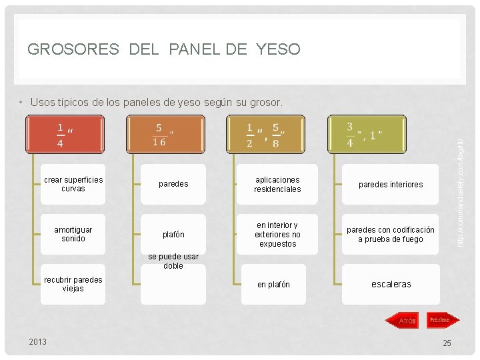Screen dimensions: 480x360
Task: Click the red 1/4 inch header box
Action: point(65,135)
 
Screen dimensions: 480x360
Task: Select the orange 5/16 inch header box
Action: point(165,135)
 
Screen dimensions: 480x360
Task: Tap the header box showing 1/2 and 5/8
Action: point(265,135)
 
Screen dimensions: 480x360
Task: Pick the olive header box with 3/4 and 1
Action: point(365,135)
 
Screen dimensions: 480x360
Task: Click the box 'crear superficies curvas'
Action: point(73,184)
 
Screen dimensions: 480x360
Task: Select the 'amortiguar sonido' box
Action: point(73,234)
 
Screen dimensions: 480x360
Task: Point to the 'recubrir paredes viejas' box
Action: point(73,284)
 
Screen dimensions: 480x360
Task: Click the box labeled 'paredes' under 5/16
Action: point(173,184)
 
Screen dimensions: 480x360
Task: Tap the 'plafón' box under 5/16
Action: point(173,234)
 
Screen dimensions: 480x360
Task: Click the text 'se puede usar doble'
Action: point(173,261)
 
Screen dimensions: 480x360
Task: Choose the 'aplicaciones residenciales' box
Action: point(277,184)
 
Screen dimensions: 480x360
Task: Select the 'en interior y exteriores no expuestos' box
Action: point(277,234)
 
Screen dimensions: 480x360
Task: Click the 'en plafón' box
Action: point(274,285)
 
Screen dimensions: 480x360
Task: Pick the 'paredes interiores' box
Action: point(391,184)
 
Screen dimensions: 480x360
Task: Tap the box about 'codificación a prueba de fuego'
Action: point(391,234)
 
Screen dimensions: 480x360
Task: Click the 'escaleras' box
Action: point(391,284)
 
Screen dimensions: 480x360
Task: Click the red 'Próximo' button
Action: point(439,320)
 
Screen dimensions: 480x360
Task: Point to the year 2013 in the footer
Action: point(38,342)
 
